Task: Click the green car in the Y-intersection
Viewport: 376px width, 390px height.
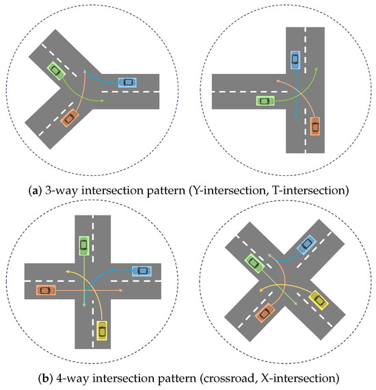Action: tap(55, 69)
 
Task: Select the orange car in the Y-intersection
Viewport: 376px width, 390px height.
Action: tap(68, 118)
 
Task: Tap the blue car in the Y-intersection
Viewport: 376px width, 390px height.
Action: tap(127, 82)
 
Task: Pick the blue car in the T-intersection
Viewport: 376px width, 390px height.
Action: tap(295, 60)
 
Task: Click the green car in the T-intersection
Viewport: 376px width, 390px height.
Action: tap(265, 101)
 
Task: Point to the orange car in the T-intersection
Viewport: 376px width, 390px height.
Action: tap(314, 126)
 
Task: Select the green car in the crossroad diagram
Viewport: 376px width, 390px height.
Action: tap(83, 244)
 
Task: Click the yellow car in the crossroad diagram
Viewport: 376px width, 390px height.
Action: tap(102, 330)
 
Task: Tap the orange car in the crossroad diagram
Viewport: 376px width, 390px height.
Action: tap(45, 290)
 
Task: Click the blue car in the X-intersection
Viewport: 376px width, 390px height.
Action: tap(306, 243)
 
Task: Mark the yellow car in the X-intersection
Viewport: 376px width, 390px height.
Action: tap(318, 299)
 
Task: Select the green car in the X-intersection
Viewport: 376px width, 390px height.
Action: tap(254, 261)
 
